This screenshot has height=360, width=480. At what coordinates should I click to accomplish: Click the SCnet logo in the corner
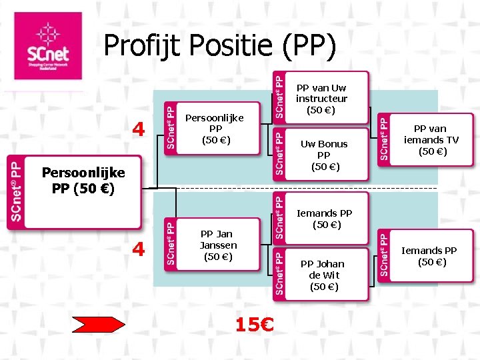[47, 46]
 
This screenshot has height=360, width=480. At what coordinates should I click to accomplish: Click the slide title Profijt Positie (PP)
[220, 47]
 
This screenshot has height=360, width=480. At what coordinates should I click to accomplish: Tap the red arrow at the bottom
[98, 325]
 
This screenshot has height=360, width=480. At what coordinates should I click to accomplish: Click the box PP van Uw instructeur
[321, 98]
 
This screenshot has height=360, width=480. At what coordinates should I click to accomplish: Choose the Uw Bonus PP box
[324, 155]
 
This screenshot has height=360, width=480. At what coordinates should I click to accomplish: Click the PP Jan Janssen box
[219, 245]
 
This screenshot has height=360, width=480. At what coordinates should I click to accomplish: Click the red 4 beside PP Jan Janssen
[138, 249]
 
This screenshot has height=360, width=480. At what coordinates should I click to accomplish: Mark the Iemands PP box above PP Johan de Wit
[324, 219]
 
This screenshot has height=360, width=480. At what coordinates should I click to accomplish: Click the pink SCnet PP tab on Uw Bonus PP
[280, 155]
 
